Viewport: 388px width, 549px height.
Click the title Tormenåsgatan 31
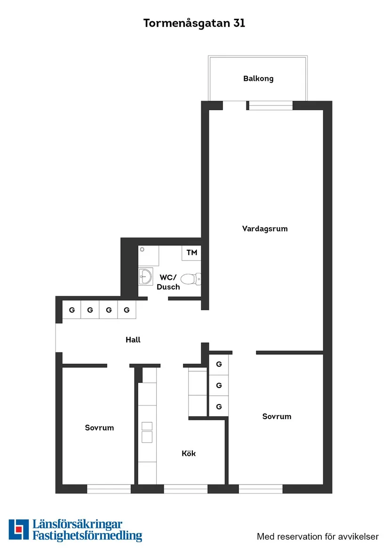pyautogui.click(x=194, y=24)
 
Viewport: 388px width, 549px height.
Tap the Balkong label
pyautogui.click(x=258, y=79)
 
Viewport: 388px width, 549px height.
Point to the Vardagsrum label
pyautogui.click(x=265, y=229)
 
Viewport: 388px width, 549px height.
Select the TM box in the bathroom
pyautogui.click(x=191, y=253)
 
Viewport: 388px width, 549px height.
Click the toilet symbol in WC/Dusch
pyautogui.click(x=189, y=279)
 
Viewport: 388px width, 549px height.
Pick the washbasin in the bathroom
pyautogui.click(x=146, y=276)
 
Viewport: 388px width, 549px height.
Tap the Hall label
pyautogui.click(x=133, y=340)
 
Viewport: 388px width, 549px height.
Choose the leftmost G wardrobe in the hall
pyautogui.click(x=72, y=310)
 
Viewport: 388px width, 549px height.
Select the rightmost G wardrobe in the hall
pyautogui.click(x=127, y=310)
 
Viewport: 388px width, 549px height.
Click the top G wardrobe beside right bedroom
pyautogui.click(x=219, y=365)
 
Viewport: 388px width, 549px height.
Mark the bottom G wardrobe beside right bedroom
pyautogui.click(x=219, y=406)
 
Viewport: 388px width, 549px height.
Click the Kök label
pyautogui.click(x=189, y=454)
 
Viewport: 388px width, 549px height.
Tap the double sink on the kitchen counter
pyautogui.click(x=147, y=432)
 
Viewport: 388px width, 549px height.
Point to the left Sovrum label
pyautogui.click(x=99, y=428)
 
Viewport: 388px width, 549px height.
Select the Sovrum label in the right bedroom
pyautogui.click(x=277, y=416)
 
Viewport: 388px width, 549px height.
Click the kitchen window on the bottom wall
pyautogui.click(x=185, y=489)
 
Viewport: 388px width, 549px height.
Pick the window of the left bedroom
pyautogui.click(x=109, y=489)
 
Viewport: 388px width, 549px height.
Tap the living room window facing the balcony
pyautogui.click(x=270, y=106)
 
